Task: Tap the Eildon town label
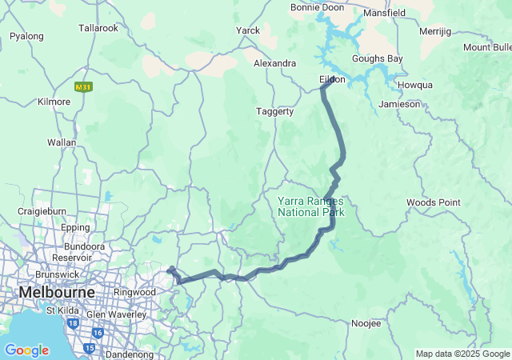(x=332, y=79)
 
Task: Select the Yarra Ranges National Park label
(x=310, y=206)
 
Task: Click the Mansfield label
(x=385, y=13)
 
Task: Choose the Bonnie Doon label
(x=316, y=7)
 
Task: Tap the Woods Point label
(x=433, y=202)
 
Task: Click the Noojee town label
(x=366, y=323)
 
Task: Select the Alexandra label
(x=274, y=62)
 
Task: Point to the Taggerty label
(x=274, y=111)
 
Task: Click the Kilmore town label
(x=54, y=102)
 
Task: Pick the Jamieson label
(x=400, y=104)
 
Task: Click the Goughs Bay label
(x=378, y=59)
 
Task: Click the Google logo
(x=26, y=350)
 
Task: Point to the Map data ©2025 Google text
(x=462, y=354)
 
